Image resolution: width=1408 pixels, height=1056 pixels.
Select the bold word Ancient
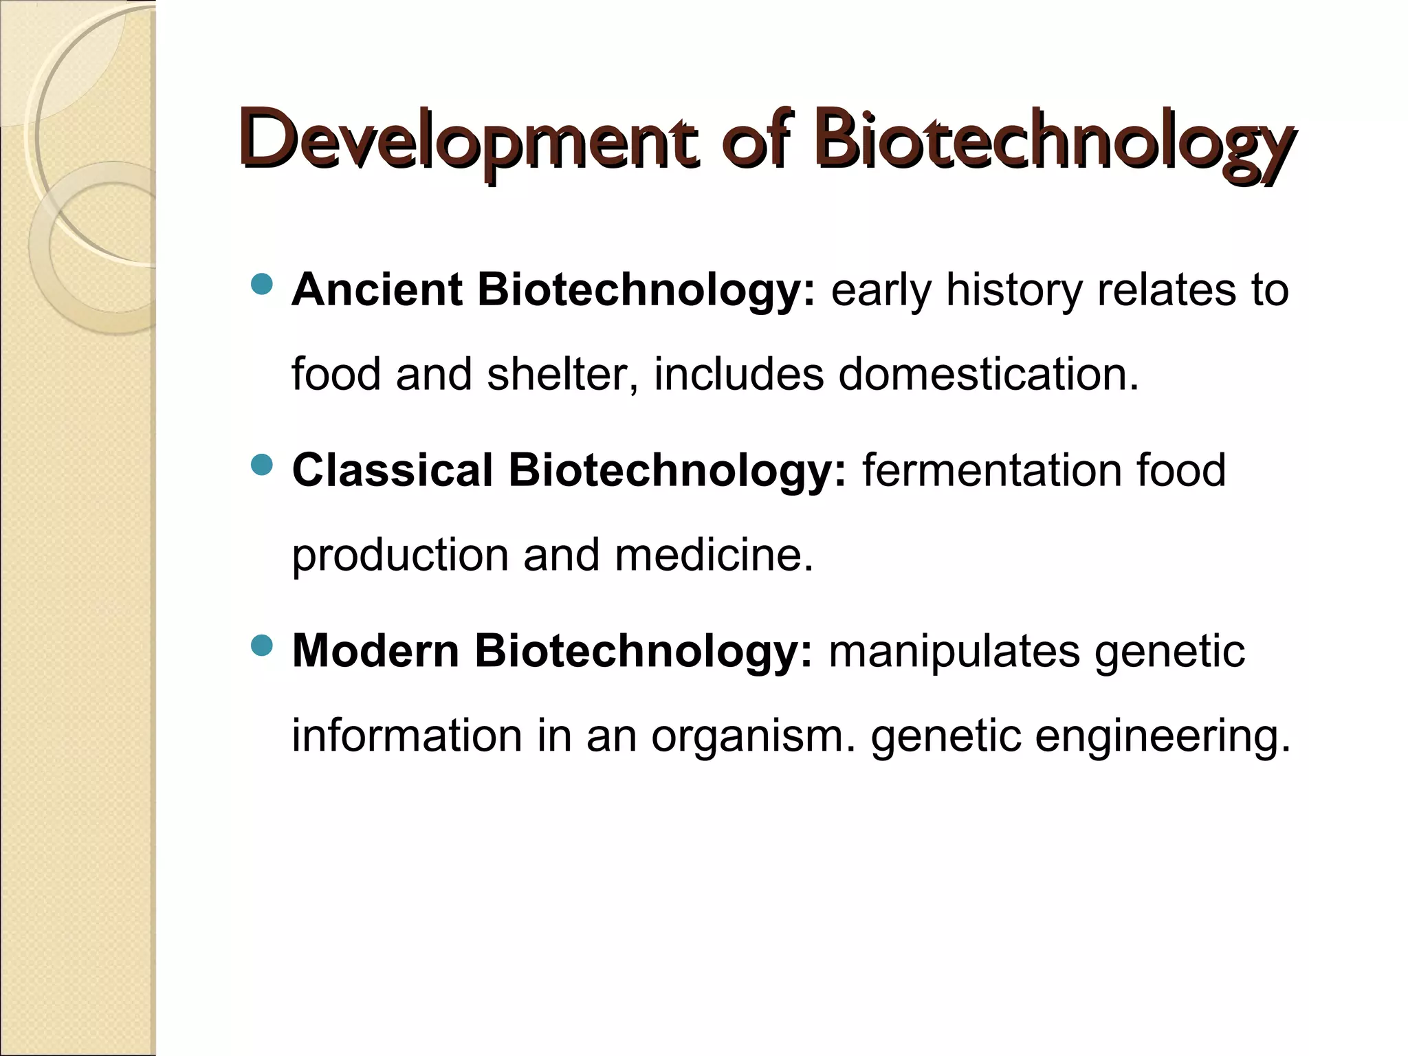(376, 289)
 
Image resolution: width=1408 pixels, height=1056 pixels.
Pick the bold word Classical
(393, 470)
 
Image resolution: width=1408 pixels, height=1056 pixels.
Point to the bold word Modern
(375, 650)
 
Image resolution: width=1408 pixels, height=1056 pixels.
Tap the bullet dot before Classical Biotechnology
(262, 465)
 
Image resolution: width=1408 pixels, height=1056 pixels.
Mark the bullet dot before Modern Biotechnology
(262, 646)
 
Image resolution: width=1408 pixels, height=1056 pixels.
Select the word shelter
(562, 375)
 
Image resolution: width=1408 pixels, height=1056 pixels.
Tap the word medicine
(714, 555)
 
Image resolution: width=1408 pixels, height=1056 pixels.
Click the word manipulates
(954, 650)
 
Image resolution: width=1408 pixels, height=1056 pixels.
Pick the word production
(399, 555)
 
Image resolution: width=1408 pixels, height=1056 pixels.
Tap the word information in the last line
(406, 736)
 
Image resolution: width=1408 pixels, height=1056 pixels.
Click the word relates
(1165, 289)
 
